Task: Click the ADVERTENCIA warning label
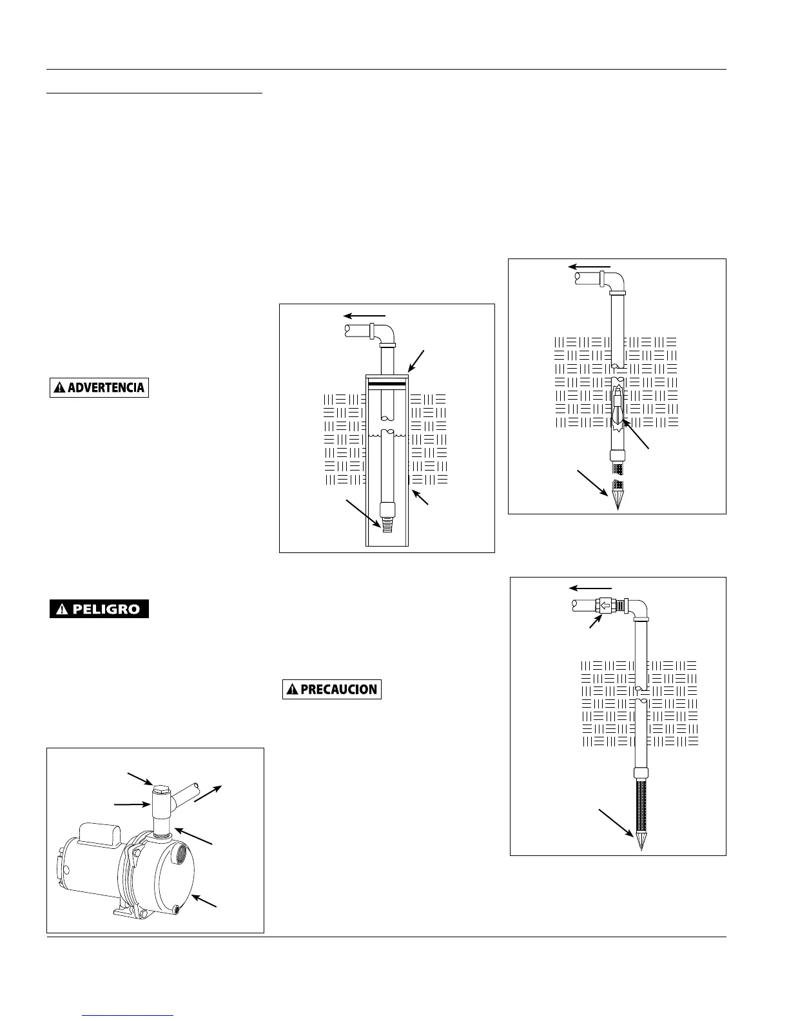click(99, 387)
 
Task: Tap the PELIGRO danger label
click(99, 609)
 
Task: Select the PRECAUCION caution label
click(332, 689)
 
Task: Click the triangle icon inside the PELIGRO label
click(63, 609)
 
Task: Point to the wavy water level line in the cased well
click(387, 436)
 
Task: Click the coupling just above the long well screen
click(640, 773)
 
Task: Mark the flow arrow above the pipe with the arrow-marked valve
click(590, 588)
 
